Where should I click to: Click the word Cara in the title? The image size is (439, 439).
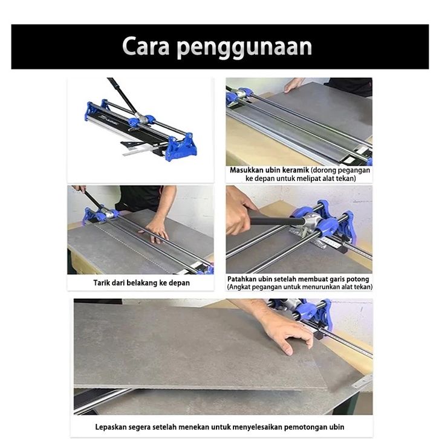pos(146,46)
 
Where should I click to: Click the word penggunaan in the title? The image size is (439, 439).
pos(245,48)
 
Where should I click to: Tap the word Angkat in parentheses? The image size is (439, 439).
pos(239,287)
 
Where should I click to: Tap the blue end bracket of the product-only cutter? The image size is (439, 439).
pos(181,147)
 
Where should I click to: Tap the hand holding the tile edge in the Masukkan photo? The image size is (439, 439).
pos(293,85)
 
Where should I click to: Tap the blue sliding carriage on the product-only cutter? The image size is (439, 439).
pos(141,119)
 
